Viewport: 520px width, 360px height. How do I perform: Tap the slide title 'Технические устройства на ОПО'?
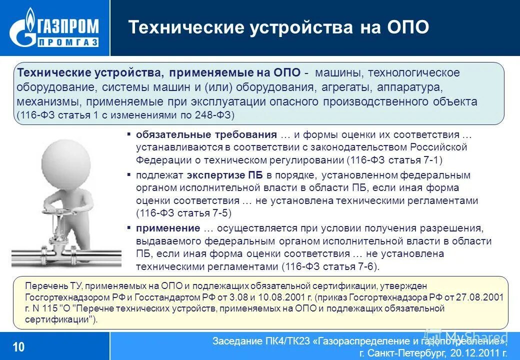tap(278, 27)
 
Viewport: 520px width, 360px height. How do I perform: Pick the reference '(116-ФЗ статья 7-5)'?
tap(184, 213)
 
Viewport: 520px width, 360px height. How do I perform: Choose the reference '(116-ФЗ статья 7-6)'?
tap(330, 266)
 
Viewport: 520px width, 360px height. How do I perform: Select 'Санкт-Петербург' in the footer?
tap(405, 354)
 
